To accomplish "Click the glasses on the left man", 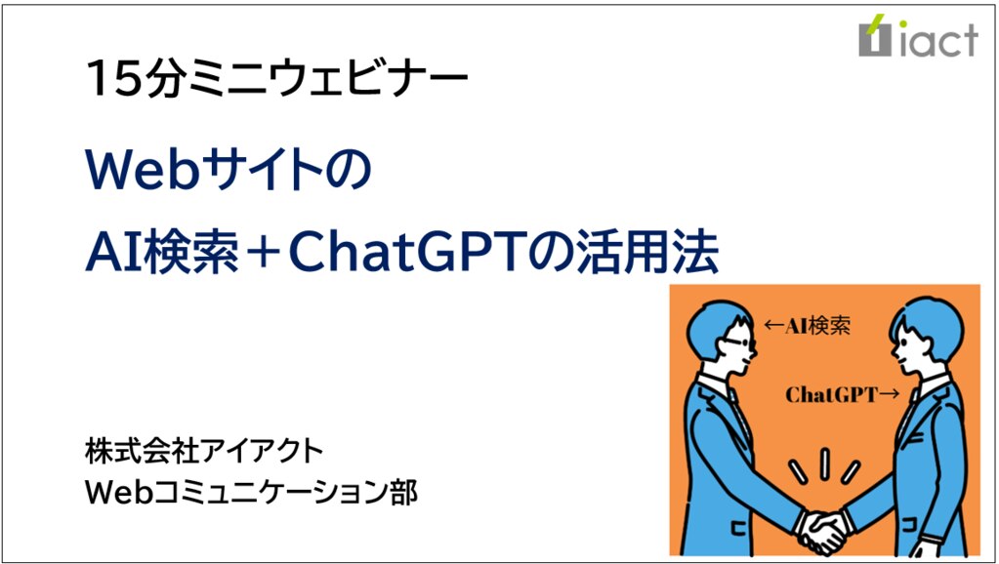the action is point(742,342).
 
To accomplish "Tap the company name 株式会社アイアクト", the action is point(205,452).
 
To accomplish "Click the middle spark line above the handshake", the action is point(824,464).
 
